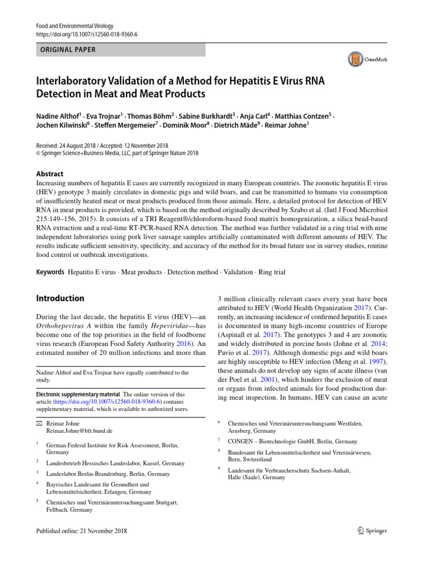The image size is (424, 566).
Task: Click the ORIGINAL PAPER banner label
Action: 66,50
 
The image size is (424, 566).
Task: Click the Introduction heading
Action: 60,298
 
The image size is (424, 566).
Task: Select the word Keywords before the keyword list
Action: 50,272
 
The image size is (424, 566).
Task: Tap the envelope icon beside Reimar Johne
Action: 39,422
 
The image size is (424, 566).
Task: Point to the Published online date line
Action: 81,531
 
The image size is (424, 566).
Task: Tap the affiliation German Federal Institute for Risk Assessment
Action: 113,444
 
